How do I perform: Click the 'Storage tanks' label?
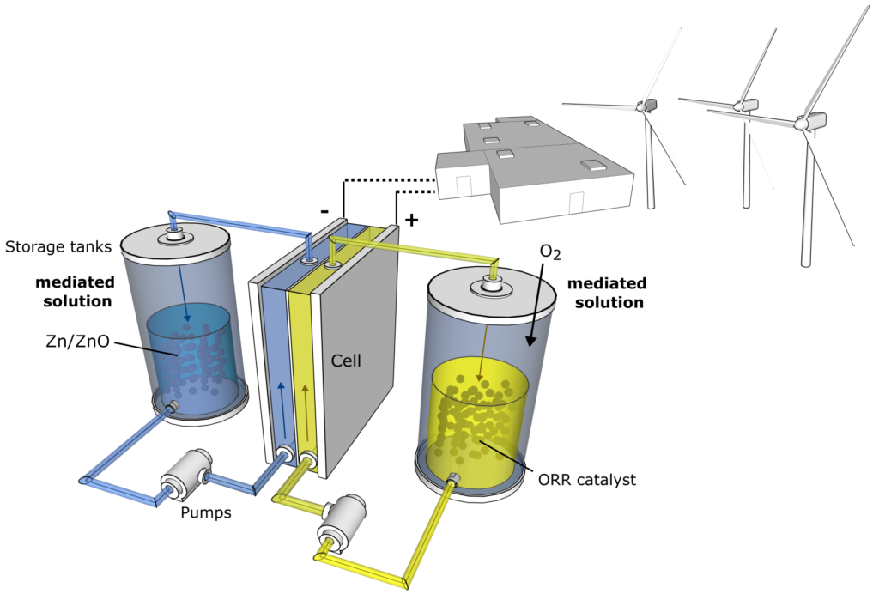tap(58, 246)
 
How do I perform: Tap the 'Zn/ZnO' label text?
tap(77, 341)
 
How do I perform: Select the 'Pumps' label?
tap(206, 512)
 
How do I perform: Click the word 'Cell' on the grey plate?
tap(346, 361)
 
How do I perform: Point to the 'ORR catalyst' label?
tap(587, 480)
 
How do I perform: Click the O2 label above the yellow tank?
tap(550, 252)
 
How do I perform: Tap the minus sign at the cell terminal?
tap(324, 211)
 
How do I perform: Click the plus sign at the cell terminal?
tap(411, 220)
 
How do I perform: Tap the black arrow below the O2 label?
tap(536, 303)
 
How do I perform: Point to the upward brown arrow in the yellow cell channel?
tap(306, 411)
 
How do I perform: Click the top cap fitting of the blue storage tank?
tap(175, 235)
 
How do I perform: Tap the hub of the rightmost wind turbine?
tap(803, 123)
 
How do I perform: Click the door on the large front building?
tap(576, 203)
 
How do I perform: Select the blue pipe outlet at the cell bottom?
tap(284, 452)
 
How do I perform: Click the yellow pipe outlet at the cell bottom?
tap(307, 463)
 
